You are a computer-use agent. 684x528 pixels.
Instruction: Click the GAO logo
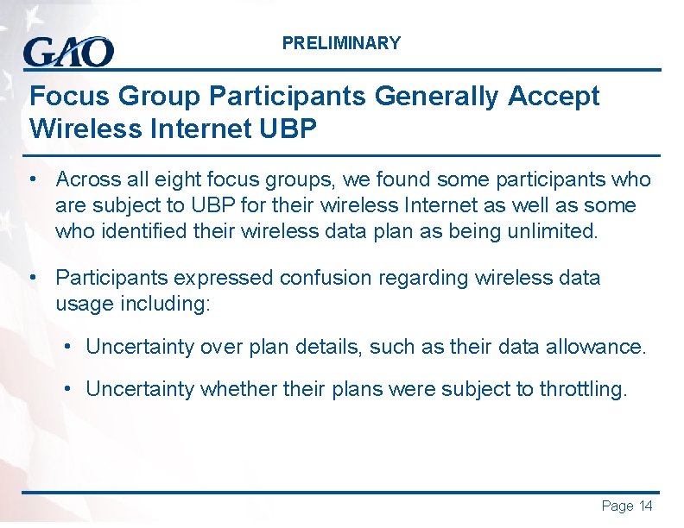[68, 51]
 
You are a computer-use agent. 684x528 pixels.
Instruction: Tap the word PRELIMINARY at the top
[341, 43]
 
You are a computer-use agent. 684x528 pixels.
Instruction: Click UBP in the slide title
[288, 129]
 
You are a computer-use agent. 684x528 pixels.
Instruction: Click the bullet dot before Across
[31, 179]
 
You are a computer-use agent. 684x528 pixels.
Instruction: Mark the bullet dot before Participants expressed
[31, 278]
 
